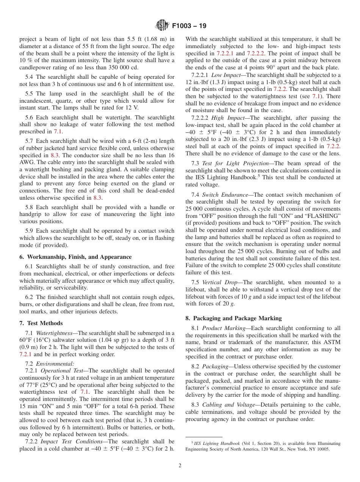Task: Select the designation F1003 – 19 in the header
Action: coord(189,26)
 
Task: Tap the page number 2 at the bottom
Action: coord(180,466)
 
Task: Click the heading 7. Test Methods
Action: coord(41,323)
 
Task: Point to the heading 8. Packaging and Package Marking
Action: coord(233,318)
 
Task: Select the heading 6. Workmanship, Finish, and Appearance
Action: coord(75,257)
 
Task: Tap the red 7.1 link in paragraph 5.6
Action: coord(58,131)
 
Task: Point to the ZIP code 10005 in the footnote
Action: coord(322,449)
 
